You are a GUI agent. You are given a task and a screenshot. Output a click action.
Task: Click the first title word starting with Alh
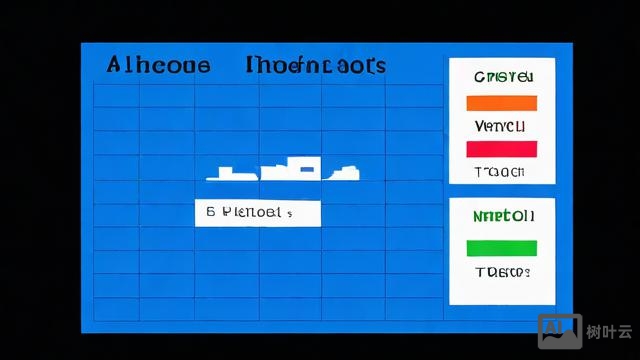pyautogui.click(x=158, y=66)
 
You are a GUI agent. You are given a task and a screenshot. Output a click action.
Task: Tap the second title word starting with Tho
pyautogui.click(x=315, y=66)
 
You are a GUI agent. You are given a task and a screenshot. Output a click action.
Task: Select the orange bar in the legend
pyautogui.click(x=502, y=103)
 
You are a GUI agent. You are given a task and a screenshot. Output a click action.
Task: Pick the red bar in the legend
pyautogui.click(x=502, y=149)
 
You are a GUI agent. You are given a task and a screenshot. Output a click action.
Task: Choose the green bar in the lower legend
pyautogui.click(x=502, y=248)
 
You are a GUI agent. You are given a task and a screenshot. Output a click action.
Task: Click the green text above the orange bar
pyautogui.click(x=503, y=77)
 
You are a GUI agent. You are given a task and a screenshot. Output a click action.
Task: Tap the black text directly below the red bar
pyautogui.click(x=501, y=171)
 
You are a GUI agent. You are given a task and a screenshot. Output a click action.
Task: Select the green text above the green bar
pyautogui.click(x=502, y=215)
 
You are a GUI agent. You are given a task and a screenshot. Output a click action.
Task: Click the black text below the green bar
pyautogui.click(x=502, y=272)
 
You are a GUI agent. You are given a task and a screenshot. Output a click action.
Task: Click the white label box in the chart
pyautogui.click(x=257, y=212)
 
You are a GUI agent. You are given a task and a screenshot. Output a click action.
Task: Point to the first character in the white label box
pyautogui.click(x=211, y=212)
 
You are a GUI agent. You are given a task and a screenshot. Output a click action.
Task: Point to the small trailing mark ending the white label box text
pyautogui.click(x=290, y=214)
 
